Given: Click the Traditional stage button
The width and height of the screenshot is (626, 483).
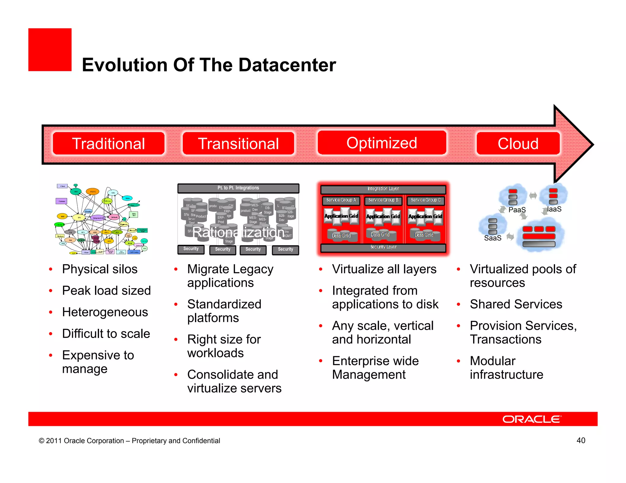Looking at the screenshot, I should (109, 143).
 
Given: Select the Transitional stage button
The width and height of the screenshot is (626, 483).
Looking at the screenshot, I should (238, 143).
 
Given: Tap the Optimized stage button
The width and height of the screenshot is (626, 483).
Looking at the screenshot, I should (382, 143).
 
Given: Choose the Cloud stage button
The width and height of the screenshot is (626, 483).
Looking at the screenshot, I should (518, 143).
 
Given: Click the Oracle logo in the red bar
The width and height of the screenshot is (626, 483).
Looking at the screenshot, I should (532, 419).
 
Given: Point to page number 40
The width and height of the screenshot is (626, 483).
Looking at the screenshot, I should (581, 440).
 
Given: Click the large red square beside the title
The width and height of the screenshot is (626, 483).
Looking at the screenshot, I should (50, 50).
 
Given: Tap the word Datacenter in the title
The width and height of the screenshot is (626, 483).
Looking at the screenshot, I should (287, 65).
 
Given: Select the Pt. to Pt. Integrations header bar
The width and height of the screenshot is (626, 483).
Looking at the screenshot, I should (238, 188).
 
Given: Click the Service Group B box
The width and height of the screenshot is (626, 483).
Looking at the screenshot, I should (383, 200).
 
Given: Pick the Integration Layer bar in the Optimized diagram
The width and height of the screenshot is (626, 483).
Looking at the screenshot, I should (383, 189).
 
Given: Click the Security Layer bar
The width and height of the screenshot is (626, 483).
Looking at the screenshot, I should (383, 247).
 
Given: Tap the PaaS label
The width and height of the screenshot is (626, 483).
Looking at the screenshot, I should (517, 210).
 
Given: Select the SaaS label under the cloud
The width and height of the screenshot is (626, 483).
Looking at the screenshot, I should (492, 238).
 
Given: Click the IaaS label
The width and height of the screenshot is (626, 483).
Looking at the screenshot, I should (554, 209).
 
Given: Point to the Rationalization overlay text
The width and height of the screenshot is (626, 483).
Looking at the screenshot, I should (238, 232).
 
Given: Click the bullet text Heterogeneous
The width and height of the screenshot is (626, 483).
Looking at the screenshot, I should (105, 312).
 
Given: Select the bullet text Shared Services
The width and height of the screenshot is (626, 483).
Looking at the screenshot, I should (516, 304).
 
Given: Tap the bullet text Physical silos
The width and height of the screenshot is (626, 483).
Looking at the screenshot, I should (100, 269).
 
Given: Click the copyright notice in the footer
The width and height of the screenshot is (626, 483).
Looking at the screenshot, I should (129, 441).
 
